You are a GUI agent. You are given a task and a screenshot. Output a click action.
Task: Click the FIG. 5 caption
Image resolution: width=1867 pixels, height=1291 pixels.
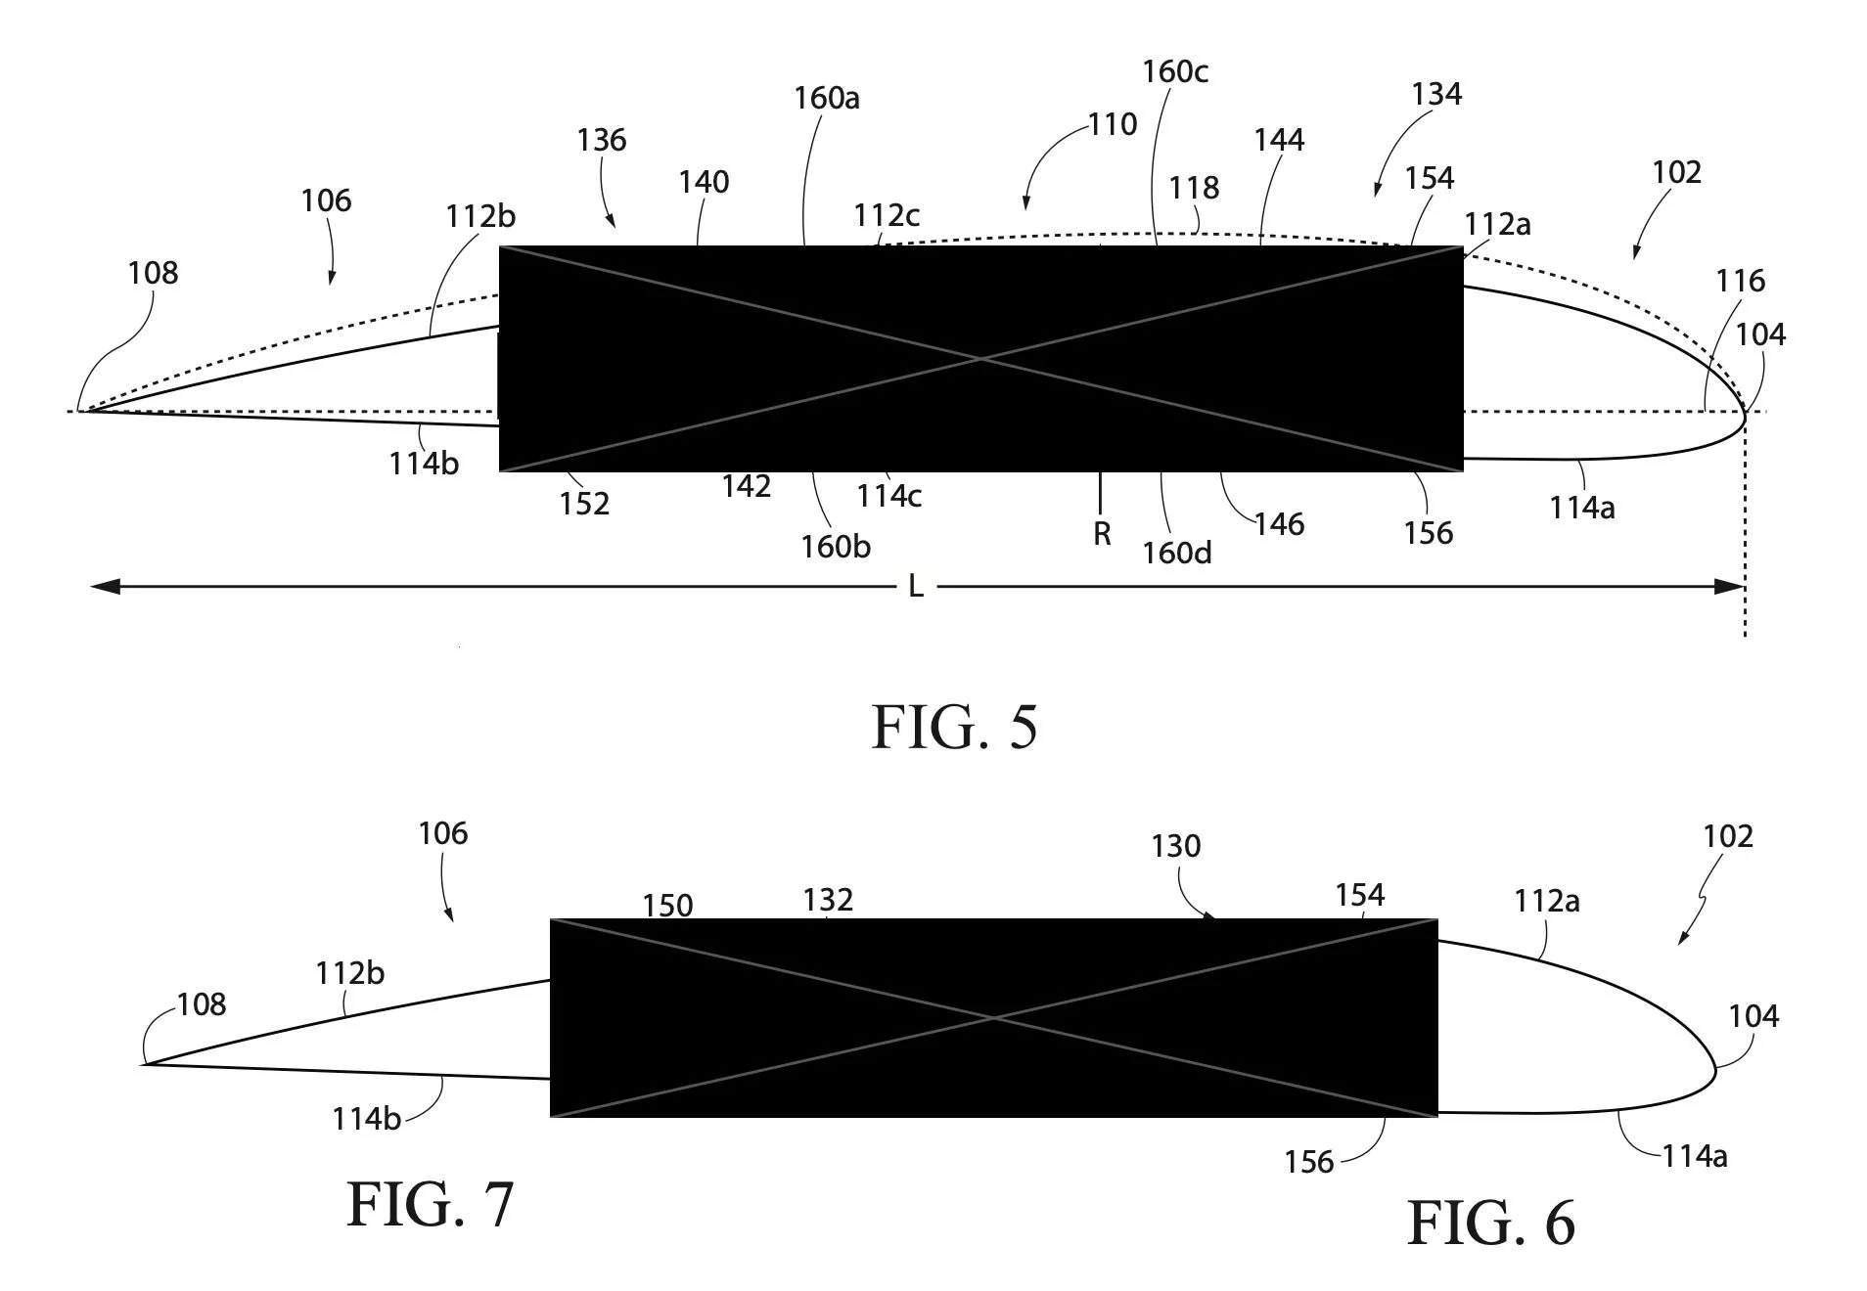coord(954,728)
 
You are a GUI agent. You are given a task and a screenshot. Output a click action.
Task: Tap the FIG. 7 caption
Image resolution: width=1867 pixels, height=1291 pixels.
coord(430,1205)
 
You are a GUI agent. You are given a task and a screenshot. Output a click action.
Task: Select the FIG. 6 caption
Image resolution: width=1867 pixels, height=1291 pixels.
coord(1490,1224)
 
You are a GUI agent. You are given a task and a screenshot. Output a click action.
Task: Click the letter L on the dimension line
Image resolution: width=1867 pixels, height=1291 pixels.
coord(916,587)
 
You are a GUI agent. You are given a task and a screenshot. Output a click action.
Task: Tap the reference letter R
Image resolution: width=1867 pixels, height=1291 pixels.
coord(1102,534)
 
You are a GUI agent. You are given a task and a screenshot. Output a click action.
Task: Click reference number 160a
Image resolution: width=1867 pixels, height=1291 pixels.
coord(826,99)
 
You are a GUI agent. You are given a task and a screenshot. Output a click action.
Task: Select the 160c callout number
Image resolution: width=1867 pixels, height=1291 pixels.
coord(1174,71)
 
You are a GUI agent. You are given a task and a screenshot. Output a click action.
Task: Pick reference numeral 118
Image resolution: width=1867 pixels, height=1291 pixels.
coord(1194,188)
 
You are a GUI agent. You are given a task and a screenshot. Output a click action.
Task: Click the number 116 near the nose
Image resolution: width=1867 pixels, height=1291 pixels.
coord(1740,282)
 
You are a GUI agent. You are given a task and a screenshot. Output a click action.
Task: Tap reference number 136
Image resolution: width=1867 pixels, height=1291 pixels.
coord(601,141)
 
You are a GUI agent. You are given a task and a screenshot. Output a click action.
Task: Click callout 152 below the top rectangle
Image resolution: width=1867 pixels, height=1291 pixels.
coord(584,504)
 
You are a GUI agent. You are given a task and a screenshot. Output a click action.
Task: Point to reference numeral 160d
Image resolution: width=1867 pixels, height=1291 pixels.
coord(1176,554)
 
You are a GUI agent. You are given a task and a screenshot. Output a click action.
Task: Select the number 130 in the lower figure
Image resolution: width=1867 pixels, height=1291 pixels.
coord(1175,846)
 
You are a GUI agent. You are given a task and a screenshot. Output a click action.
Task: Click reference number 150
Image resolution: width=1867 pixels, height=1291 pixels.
coord(667,906)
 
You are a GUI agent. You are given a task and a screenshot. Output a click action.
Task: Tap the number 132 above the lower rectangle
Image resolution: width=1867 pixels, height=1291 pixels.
coord(828,900)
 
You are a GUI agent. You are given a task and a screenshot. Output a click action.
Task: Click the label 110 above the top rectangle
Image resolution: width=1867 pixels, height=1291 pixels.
coord(1113,125)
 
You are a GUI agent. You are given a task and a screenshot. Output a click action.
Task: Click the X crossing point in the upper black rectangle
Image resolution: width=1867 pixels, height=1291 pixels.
coord(981,359)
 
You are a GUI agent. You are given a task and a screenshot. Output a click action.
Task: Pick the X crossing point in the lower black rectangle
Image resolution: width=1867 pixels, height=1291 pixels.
coord(994,1018)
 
